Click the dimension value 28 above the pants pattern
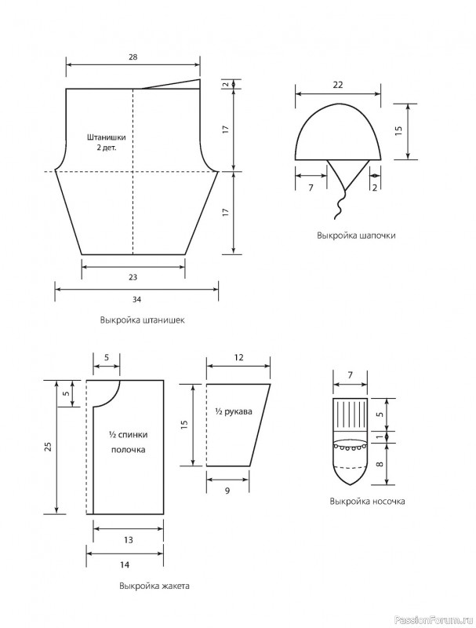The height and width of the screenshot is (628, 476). pos(133,57)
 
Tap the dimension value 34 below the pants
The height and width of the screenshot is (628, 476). pos(136,299)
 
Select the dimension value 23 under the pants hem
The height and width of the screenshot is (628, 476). pos(133,277)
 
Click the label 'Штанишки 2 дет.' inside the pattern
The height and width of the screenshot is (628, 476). pos(107,142)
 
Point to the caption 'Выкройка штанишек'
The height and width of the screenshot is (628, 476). pos(143,320)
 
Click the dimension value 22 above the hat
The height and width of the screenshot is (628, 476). pos(338,85)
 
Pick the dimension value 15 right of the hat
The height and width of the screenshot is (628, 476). pos(398,131)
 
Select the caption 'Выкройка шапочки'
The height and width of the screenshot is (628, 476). pos(356,235)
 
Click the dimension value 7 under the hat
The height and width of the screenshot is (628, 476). pos(311,187)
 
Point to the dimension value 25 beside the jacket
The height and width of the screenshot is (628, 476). pos(49,447)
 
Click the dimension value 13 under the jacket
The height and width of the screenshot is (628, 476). pos(128,540)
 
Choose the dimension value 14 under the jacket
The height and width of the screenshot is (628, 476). pos(125,564)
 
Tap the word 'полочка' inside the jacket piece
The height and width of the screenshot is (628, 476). pos(128,450)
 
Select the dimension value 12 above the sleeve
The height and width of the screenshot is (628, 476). pos(238,358)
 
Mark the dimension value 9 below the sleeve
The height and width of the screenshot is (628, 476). pos(227,490)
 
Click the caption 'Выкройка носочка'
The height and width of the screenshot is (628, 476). pos(368,501)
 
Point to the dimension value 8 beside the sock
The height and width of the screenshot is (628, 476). pos(380,464)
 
